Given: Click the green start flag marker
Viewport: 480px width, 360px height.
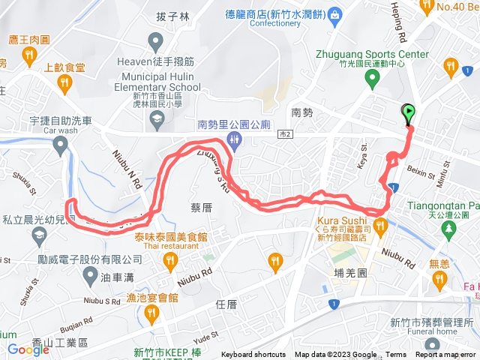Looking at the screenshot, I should [x=408, y=114].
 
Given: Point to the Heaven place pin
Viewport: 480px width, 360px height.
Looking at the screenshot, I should [x=156, y=40].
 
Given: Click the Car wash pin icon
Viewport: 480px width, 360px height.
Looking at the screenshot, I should [x=60, y=146].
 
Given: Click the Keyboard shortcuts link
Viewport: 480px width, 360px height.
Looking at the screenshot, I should [x=253, y=355].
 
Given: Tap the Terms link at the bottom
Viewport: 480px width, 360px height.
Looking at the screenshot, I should [x=396, y=355].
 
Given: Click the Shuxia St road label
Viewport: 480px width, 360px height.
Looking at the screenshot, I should [x=20, y=183].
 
